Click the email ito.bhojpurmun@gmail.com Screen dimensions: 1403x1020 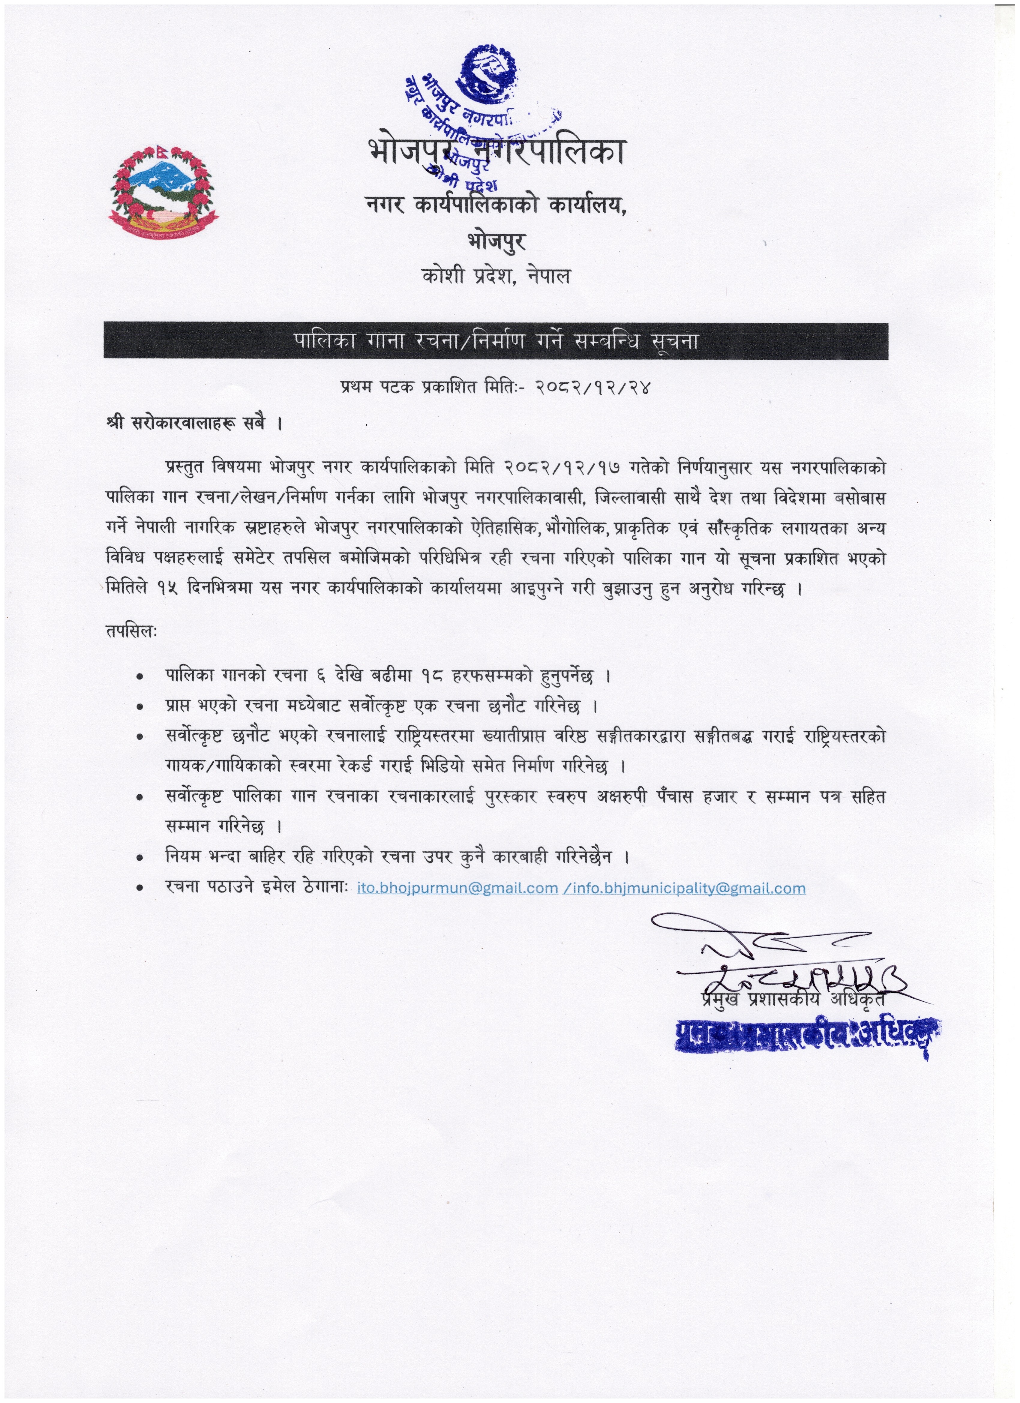tap(458, 888)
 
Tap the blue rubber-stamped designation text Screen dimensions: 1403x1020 tap(804, 1034)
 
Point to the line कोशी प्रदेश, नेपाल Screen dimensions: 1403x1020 tap(496, 276)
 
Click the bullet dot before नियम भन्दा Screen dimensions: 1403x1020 tap(141, 858)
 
